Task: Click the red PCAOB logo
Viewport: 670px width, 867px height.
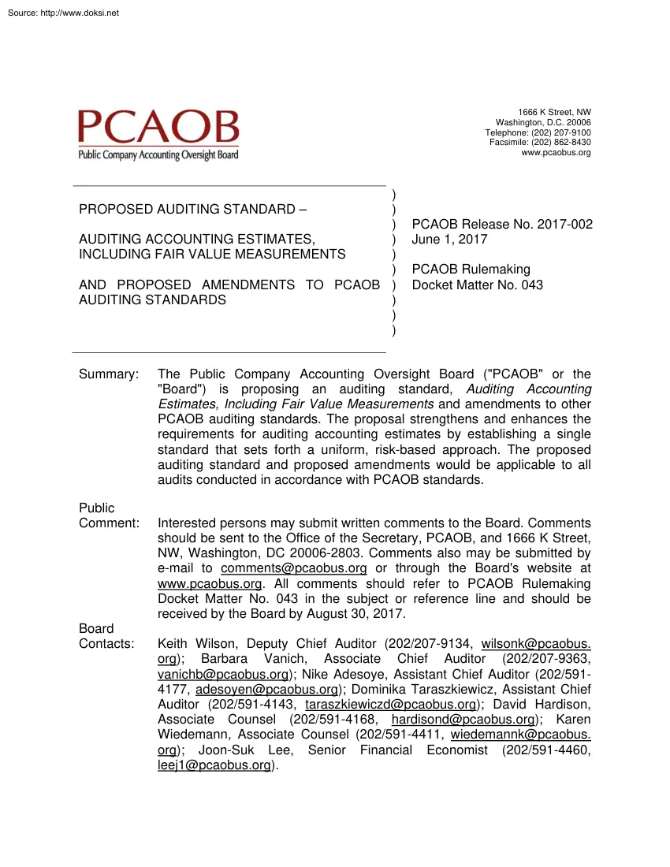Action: [x=158, y=128]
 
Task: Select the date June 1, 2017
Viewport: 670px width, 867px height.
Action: [x=449, y=240]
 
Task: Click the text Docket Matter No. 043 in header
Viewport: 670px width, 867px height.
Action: [x=477, y=285]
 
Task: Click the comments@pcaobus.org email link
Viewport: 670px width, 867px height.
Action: [x=294, y=568]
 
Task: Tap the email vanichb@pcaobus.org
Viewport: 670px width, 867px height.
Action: [x=223, y=675]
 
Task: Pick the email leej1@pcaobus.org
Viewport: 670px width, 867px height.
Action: [x=214, y=765]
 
